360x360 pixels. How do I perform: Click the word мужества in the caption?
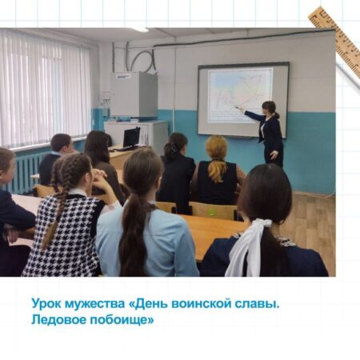pyautogui.click(x=94, y=304)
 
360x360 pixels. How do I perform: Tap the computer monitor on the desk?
pyautogui.click(x=131, y=138)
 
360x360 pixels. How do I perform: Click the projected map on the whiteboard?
pyautogui.click(x=240, y=95)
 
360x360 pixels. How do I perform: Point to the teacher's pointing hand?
pyautogui.click(x=238, y=108)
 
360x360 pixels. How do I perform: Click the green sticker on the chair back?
pyautogui.click(x=212, y=212)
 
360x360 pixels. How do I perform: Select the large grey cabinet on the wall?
pyautogui.click(x=134, y=94)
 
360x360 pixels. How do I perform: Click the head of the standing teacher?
pyautogui.click(x=270, y=108)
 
